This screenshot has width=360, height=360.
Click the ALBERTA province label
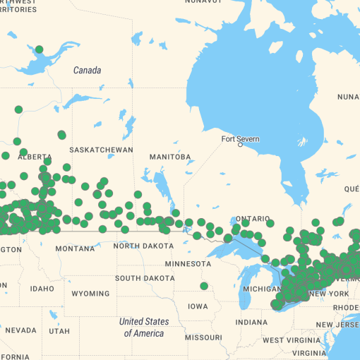tap(40, 157)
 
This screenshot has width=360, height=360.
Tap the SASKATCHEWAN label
tap(102, 150)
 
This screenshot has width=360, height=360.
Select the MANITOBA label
tap(170, 157)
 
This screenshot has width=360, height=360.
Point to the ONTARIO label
tap(253, 219)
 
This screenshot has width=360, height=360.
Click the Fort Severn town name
tap(240, 139)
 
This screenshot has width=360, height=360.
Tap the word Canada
tap(87, 71)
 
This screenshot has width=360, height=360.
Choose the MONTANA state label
tap(75, 248)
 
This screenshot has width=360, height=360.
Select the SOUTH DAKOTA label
tap(145, 278)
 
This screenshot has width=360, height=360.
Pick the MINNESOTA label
tap(188, 264)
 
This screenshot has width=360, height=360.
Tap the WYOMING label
tap(90, 293)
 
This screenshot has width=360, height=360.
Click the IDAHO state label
tap(42, 289)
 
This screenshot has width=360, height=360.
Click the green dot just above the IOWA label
tap(204, 286)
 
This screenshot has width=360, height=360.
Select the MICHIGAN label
tap(262, 289)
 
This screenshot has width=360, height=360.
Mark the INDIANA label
tap(251, 322)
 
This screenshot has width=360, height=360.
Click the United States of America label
tap(144, 328)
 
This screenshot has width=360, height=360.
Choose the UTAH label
tap(59, 331)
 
